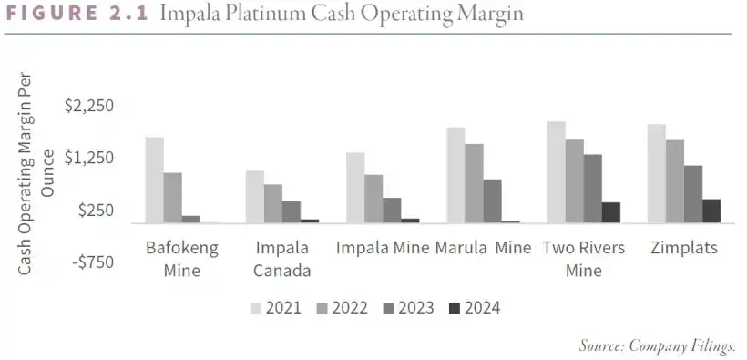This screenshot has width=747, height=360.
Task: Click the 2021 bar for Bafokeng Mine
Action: click(155, 180)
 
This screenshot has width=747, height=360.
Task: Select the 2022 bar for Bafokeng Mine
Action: click(173, 198)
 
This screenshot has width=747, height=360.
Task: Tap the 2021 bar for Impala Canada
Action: click(255, 197)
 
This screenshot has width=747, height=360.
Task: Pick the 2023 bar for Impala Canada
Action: click(292, 211)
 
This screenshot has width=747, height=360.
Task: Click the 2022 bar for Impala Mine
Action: click(373, 199)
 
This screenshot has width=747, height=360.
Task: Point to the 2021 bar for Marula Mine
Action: click(455, 175)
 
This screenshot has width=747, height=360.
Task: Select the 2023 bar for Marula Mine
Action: click(492, 201)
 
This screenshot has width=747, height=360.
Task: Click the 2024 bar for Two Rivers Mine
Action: click(610, 212)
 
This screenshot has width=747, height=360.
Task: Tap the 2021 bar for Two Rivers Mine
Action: click(556, 172)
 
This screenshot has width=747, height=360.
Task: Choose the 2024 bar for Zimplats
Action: click(711, 211)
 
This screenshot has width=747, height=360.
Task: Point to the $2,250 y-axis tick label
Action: click(89, 106)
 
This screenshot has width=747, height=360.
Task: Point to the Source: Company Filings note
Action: click(657, 345)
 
